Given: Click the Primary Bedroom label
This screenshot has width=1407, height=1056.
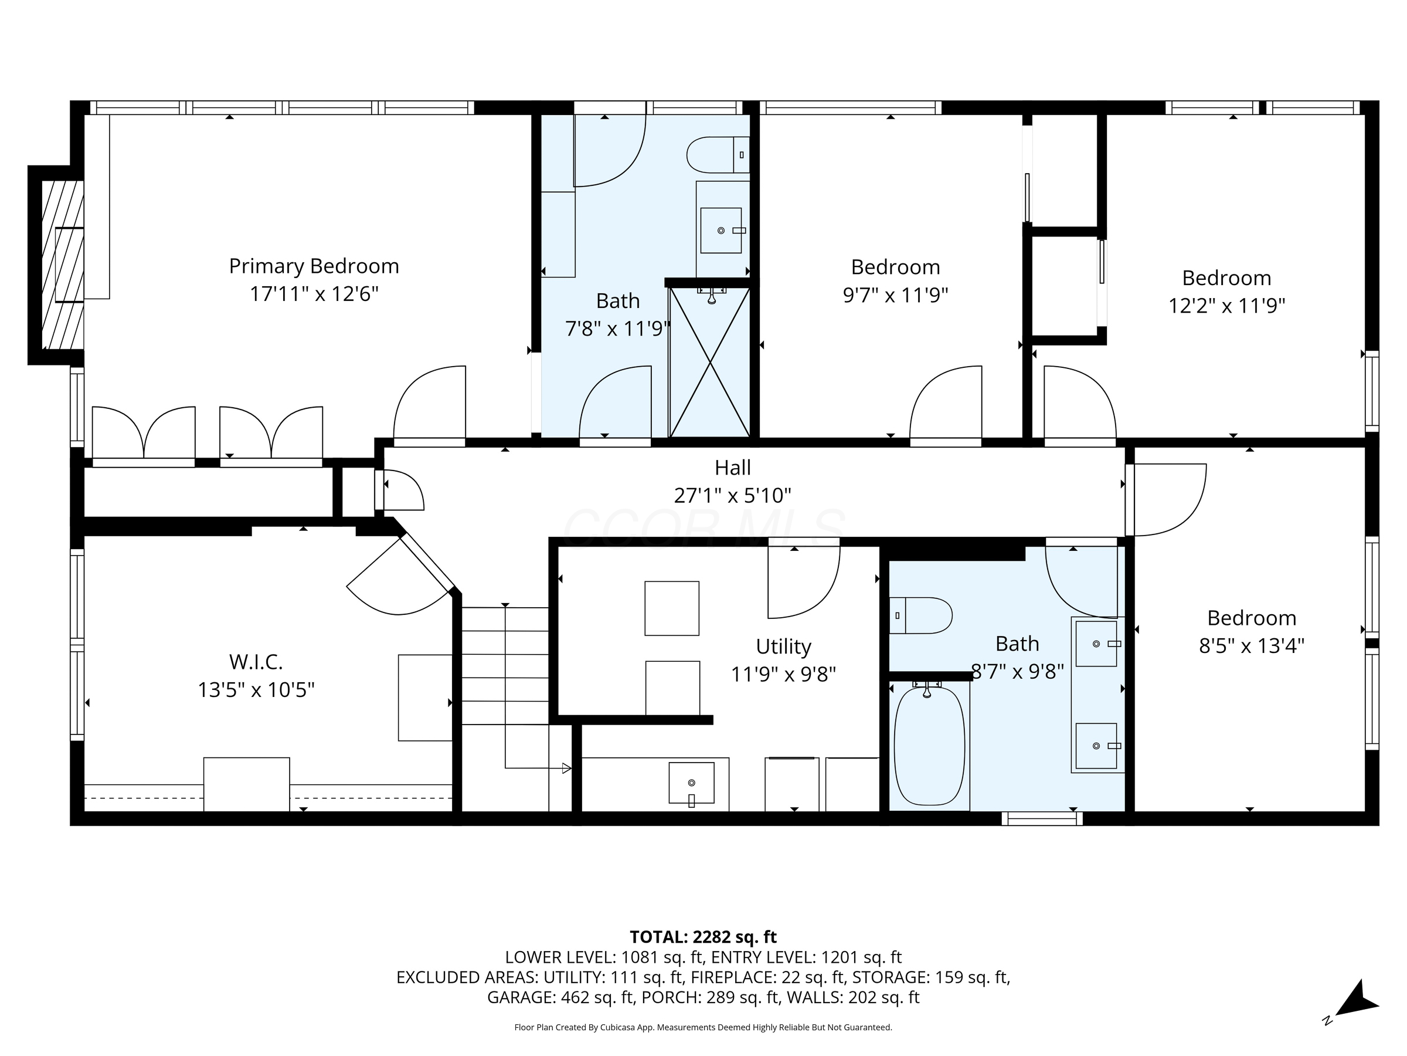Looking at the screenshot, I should click(314, 266).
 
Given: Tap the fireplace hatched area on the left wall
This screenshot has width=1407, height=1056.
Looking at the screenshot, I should click(62, 264).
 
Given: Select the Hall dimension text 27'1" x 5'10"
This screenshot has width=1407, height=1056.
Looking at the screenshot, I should click(732, 495).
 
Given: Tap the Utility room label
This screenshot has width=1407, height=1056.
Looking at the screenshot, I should click(783, 647).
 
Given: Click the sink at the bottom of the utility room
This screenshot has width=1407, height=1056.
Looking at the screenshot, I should click(691, 783).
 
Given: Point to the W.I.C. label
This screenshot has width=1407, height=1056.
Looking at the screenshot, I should click(256, 662).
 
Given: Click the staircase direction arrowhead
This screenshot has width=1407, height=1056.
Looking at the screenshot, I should click(566, 769).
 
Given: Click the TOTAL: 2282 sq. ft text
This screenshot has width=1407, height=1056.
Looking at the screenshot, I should click(703, 937).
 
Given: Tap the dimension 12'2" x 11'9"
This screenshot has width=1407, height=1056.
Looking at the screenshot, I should click(1226, 306).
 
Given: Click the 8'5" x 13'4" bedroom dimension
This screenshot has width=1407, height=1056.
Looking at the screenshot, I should click(1251, 646).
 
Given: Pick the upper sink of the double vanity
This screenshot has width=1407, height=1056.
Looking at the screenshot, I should click(1096, 644).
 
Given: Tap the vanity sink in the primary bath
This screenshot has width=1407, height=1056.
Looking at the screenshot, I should click(721, 231).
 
